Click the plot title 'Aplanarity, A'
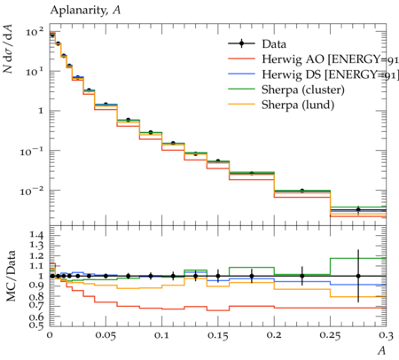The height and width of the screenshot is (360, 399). (85, 11)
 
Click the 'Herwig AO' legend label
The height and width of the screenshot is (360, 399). (293, 59)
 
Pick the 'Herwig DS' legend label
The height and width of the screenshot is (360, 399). (292, 74)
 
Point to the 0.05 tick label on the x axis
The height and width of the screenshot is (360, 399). (106, 336)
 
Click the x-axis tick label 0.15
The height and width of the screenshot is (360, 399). (218, 336)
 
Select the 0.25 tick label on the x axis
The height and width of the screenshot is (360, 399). (330, 336)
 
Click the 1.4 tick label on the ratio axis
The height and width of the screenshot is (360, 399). (36, 236)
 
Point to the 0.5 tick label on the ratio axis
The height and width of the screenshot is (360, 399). (36, 325)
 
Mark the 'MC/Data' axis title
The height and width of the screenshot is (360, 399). (11, 276)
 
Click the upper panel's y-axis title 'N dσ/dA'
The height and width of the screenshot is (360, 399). (8, 49)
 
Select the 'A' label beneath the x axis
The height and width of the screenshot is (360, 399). (382, 350)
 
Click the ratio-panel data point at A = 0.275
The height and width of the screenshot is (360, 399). (358, 276)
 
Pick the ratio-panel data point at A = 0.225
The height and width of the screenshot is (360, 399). (302, 276)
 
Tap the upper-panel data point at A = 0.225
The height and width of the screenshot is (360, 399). (302, 191)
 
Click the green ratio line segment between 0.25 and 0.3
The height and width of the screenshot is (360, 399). (358, 258)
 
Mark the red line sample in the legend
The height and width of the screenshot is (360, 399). (241, 59)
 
